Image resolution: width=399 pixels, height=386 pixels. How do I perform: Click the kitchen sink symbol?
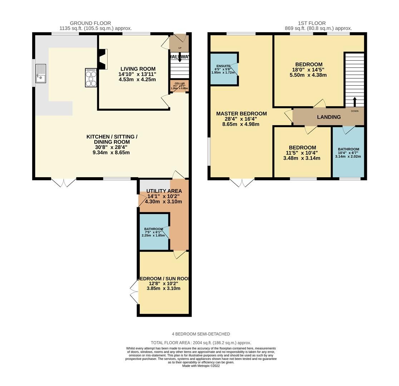click(x=40, y=74)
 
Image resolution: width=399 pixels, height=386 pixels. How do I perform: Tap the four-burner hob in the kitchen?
click(x=91, y=78)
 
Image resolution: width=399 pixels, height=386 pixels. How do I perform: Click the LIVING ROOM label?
click(x=138, y=69)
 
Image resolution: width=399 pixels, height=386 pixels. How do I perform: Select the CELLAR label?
click(x=179, y=83)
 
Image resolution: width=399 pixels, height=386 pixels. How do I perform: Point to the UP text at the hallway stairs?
click(x=179, y=48)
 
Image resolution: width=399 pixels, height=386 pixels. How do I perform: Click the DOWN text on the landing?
click(x=354, y=111)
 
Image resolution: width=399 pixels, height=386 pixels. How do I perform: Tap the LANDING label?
click(x=329, y=117)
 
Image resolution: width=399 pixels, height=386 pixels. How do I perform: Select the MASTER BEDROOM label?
click(x=241, y=114)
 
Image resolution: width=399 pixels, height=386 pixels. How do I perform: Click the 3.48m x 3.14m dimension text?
click(x=302, y=158)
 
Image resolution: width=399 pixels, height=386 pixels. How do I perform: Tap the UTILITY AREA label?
click(x=164, y=191)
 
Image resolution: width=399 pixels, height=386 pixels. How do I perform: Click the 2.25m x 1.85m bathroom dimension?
click(x=153, y=236)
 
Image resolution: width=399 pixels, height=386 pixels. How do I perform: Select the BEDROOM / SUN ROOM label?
click(x=163, y=278)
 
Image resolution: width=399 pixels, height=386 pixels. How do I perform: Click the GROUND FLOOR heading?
click(x=90, y=23)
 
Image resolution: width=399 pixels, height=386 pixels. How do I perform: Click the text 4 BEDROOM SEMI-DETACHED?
click(x=201, y=334)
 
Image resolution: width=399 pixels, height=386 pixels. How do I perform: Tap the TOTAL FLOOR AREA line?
click(x=201, y=342)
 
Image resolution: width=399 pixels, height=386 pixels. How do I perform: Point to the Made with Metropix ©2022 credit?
click(x=201, y=366)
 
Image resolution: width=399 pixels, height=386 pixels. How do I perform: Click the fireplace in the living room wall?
click(x=103, y=59)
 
